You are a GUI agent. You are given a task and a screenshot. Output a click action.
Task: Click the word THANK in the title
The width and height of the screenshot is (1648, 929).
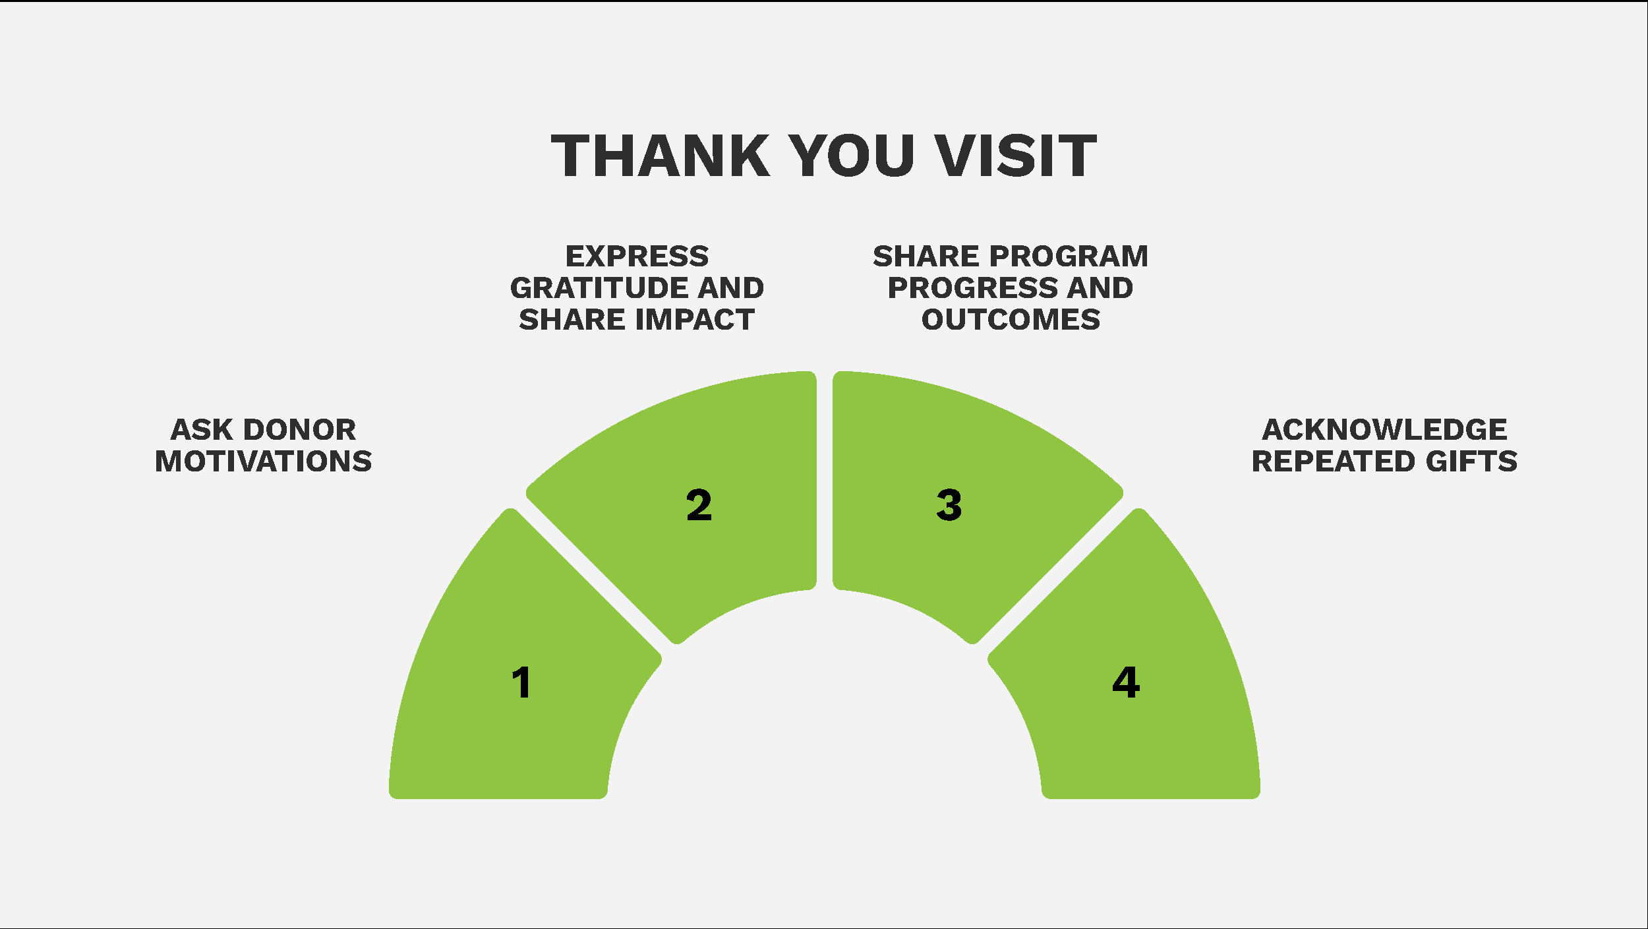661,156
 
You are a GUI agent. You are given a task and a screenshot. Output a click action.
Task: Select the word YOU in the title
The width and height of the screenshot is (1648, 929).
852,156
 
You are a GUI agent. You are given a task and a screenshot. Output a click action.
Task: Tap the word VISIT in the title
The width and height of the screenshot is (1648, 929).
1016,156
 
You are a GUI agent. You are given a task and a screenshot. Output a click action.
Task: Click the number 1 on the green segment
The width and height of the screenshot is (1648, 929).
521,682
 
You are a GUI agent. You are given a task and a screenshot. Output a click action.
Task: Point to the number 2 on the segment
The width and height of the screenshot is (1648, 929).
699,506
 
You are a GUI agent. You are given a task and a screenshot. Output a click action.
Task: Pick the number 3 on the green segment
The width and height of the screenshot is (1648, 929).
949,506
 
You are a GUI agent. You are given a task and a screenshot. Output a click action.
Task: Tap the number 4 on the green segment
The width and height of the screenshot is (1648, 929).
1126,682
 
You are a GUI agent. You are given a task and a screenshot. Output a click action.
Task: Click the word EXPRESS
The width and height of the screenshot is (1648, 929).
637,256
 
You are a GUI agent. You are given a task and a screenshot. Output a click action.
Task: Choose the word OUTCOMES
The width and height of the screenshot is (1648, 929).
1011,320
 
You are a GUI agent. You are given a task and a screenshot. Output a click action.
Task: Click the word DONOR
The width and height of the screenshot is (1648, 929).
300,430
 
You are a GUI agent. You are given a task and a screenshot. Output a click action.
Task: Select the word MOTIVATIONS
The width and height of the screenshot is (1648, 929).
264,462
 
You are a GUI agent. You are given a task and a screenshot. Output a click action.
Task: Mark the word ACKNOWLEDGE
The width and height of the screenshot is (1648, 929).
1384,430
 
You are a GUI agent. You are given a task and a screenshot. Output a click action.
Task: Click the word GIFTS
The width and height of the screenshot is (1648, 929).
1471,462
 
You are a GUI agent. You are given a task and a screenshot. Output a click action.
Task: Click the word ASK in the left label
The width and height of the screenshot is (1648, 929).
202,430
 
